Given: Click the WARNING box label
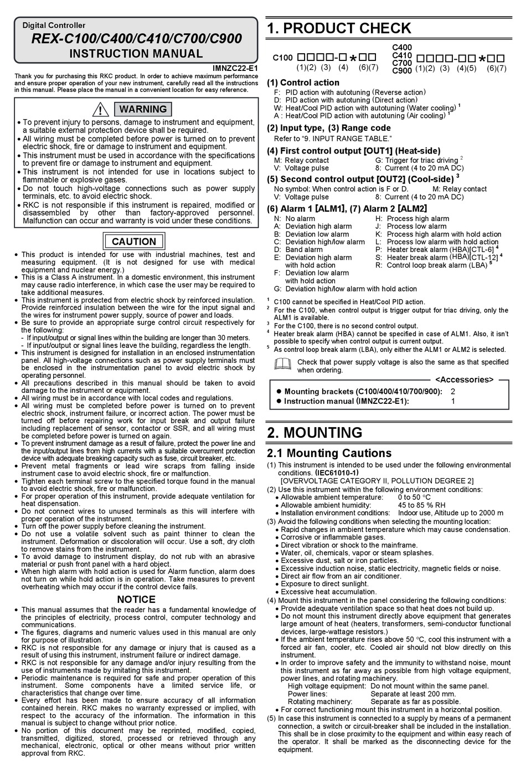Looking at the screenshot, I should click(143, 109).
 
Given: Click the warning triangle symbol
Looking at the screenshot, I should click(100, 110).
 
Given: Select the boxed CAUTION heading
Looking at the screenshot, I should click(133, 242).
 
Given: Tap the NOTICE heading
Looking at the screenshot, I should click(136, 599).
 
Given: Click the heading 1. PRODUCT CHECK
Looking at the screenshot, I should click(339, 28).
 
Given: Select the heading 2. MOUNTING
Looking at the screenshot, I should click(314, 433).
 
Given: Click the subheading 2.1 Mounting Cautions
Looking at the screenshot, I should click(329, 453).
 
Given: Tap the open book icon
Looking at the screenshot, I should click(282, 364).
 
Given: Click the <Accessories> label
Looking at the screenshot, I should click(464, 380).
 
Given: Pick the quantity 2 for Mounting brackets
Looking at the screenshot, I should click(453, 391).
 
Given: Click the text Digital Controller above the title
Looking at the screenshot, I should click(54, 25).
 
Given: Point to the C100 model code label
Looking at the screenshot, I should click(282, 58).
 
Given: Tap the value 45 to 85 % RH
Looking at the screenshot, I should click(421, 505).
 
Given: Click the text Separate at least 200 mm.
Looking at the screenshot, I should click(413, 694).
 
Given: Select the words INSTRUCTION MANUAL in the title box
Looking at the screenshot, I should click(136, 54).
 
